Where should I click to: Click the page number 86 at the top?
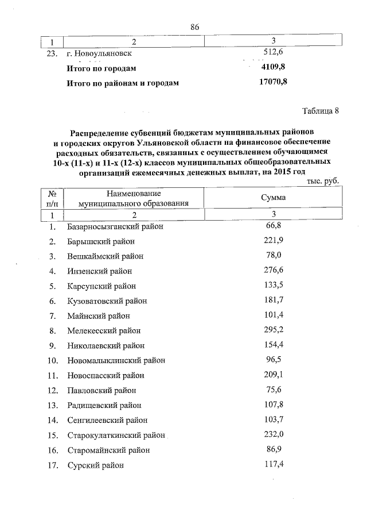[194, 27]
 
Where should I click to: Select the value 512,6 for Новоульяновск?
[274, 53]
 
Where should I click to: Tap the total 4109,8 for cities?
[273, 68]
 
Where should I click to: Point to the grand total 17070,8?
[273, 83]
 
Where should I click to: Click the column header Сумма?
[273, 198]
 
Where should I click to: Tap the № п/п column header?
[52, 198]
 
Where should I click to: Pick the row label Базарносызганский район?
[115, 227]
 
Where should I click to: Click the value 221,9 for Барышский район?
[273, 240]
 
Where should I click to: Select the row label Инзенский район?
[100, 271]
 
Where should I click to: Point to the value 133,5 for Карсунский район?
[273, 284]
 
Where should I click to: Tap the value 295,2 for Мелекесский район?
[273, 330]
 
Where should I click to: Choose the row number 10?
[52, 360]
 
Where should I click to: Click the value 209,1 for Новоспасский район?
[273, 375]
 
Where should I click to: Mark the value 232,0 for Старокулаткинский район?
[273, 434]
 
